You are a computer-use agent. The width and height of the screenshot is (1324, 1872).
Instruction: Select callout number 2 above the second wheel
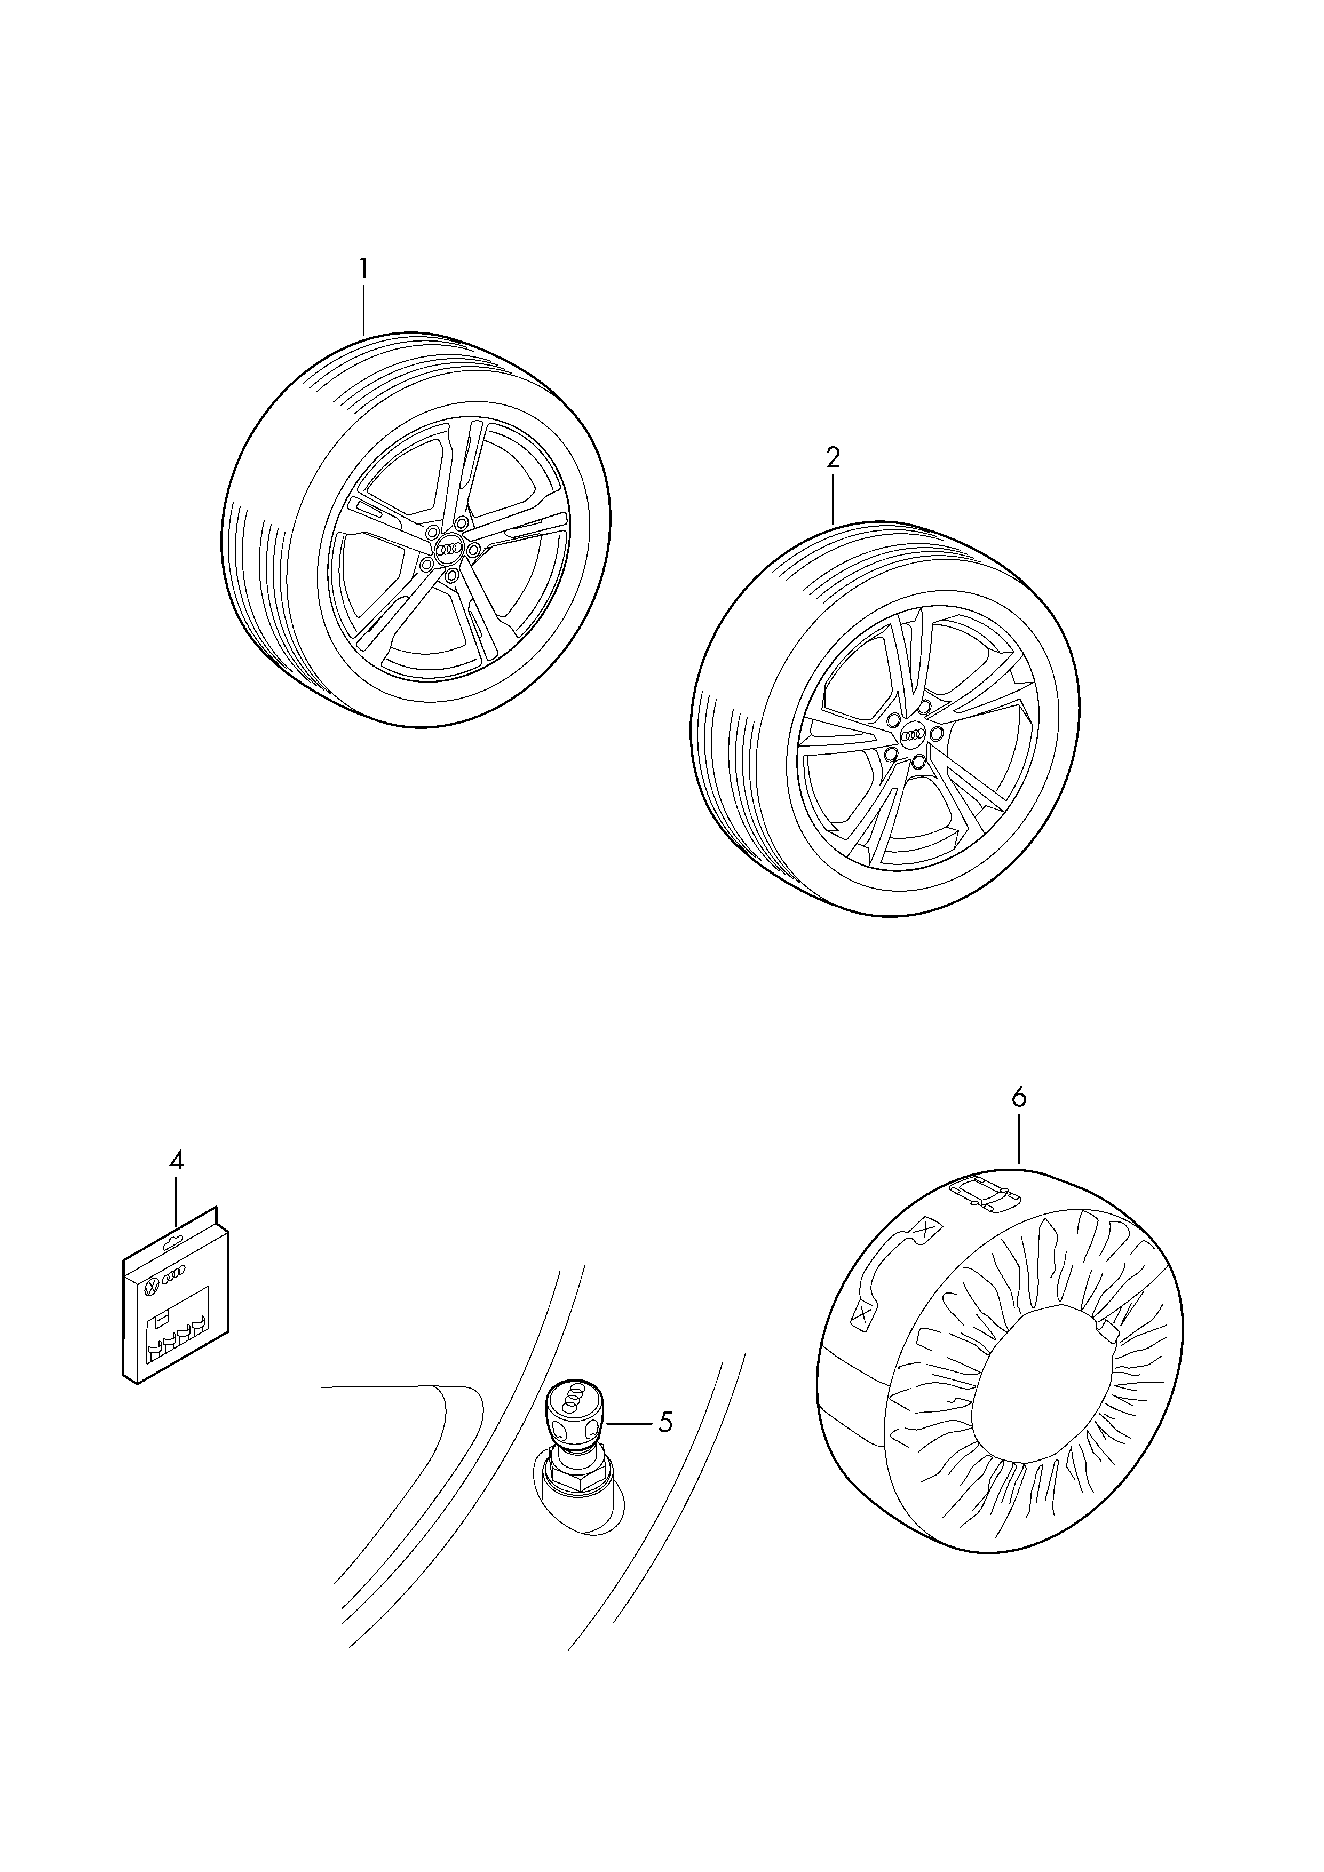point(833,457)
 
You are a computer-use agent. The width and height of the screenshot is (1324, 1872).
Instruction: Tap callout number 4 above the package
point(176,1160)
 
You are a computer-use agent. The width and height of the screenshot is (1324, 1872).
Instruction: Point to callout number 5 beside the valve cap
point(665,1422)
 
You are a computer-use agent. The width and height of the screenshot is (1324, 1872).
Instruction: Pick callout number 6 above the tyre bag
point(1019,1098)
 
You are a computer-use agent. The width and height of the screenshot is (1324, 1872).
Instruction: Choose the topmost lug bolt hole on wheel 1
point(462,522)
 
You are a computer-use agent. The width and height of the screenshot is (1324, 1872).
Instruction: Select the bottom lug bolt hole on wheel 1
point(451,576)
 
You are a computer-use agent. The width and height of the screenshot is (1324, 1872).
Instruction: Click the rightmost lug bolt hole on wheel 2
point(936,734)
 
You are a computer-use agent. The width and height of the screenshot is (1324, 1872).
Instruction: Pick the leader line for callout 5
point(629,1423)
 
